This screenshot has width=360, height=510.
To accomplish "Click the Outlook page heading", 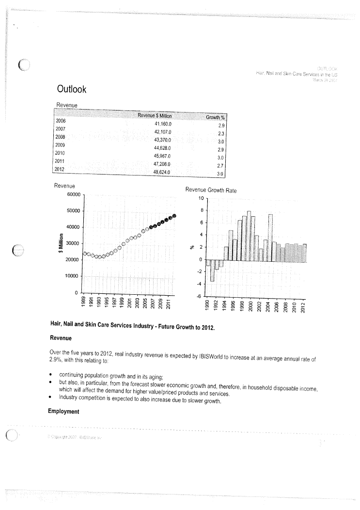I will [72, 89].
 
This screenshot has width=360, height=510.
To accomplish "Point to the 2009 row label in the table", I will [61, 145].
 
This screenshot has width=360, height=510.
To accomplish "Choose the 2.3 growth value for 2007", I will [220, 133].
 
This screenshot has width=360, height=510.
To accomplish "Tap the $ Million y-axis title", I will [61, 243].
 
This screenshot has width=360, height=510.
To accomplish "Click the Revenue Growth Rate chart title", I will [211, 191].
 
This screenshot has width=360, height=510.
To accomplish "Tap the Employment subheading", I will [63, 412].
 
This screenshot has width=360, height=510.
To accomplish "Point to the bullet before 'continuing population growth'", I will [51, 376].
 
